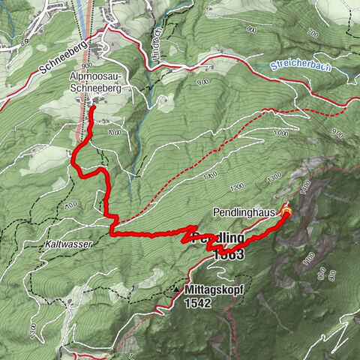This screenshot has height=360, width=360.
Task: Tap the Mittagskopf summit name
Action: tap(211, 288)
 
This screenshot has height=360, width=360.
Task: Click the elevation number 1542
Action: tap(198, 303)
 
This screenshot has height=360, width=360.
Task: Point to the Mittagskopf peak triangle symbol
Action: tap(177, 288)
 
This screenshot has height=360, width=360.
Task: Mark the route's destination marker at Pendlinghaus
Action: tap(285, 212)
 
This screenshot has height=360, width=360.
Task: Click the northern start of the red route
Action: tap(93, 109)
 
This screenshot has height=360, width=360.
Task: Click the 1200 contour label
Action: tap(238, 186)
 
